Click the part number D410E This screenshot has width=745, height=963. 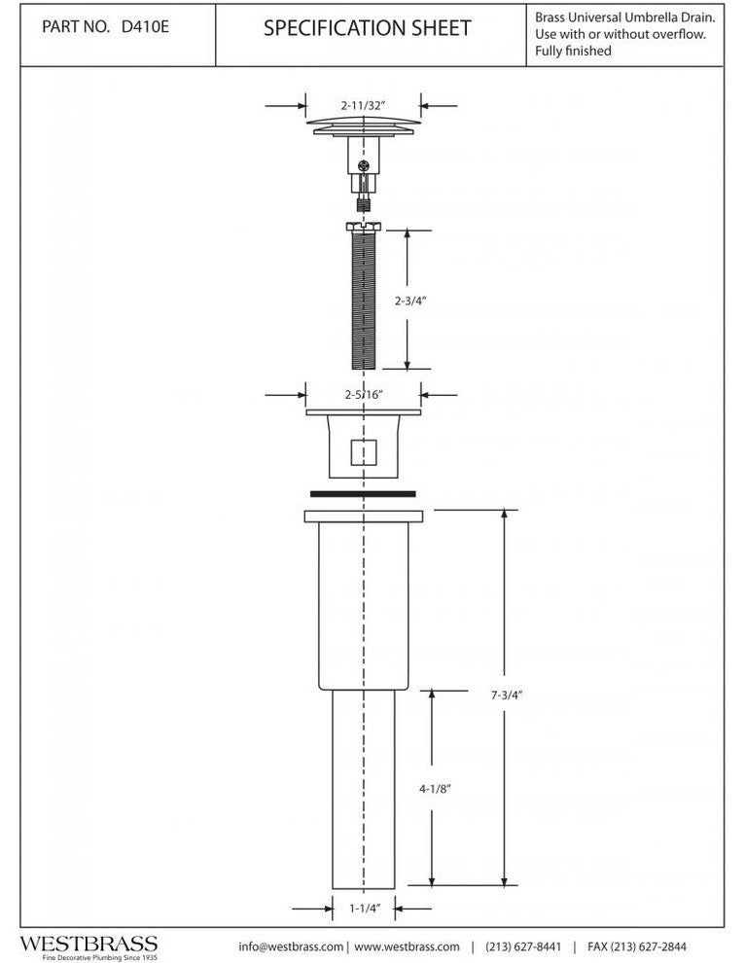146,27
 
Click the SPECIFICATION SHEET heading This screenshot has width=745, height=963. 368,28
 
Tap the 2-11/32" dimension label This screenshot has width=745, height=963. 364,105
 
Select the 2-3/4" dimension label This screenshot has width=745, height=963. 410,301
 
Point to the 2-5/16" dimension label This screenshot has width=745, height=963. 364,394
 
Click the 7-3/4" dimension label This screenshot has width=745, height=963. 507,695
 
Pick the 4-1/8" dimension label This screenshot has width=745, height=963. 435,789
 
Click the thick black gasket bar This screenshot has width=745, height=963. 363,494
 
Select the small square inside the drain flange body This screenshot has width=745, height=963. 364,452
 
